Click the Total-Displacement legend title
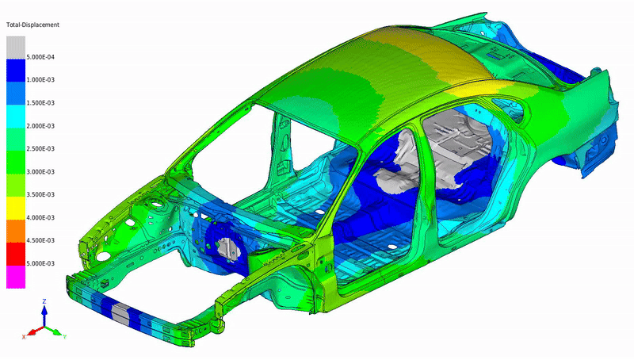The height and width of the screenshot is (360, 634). pos(32,25)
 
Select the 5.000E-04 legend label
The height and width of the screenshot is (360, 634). pos(40,57)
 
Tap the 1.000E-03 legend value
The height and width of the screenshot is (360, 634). pos(40,79)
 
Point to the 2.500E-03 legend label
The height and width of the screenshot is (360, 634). pos(40,148)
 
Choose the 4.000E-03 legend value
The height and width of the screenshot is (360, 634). pos(40,217)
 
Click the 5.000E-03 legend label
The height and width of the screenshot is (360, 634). pos(40,263)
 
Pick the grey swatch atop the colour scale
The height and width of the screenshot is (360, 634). pos(16,48)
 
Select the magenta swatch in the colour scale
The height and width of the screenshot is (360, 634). pos(16,277)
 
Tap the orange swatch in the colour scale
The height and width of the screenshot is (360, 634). pos(16,231)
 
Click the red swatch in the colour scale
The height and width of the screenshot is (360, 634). pos(16,254)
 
